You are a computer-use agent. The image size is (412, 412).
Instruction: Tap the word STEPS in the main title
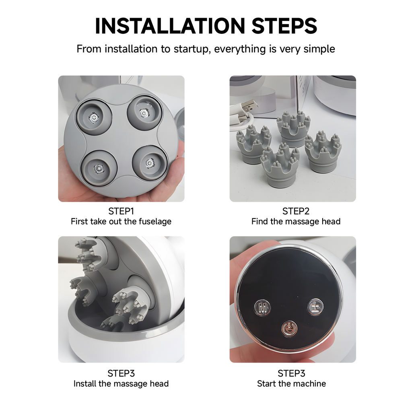(x=284, y=26)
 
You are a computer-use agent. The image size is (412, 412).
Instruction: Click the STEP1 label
(x=121, y=211)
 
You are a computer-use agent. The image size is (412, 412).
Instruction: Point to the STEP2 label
(x=296, y=211)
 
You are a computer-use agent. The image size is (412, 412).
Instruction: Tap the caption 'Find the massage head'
(x=296, y=222)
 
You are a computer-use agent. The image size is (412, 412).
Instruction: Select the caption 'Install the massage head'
(x=121, y=383)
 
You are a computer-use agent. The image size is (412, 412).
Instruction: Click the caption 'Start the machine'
(x=291, y=383)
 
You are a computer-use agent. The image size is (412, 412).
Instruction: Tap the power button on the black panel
(x=289, y=328)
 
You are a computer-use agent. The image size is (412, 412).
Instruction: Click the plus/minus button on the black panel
(x=315, y=307)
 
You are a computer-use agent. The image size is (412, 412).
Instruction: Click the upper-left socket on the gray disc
(x=94, y=117)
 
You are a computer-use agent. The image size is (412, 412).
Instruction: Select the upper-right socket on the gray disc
(x=144, y=113)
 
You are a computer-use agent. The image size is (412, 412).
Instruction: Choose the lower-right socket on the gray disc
(x=150, y=163)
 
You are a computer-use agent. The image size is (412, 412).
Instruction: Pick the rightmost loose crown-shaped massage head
(x=323, y=152)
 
